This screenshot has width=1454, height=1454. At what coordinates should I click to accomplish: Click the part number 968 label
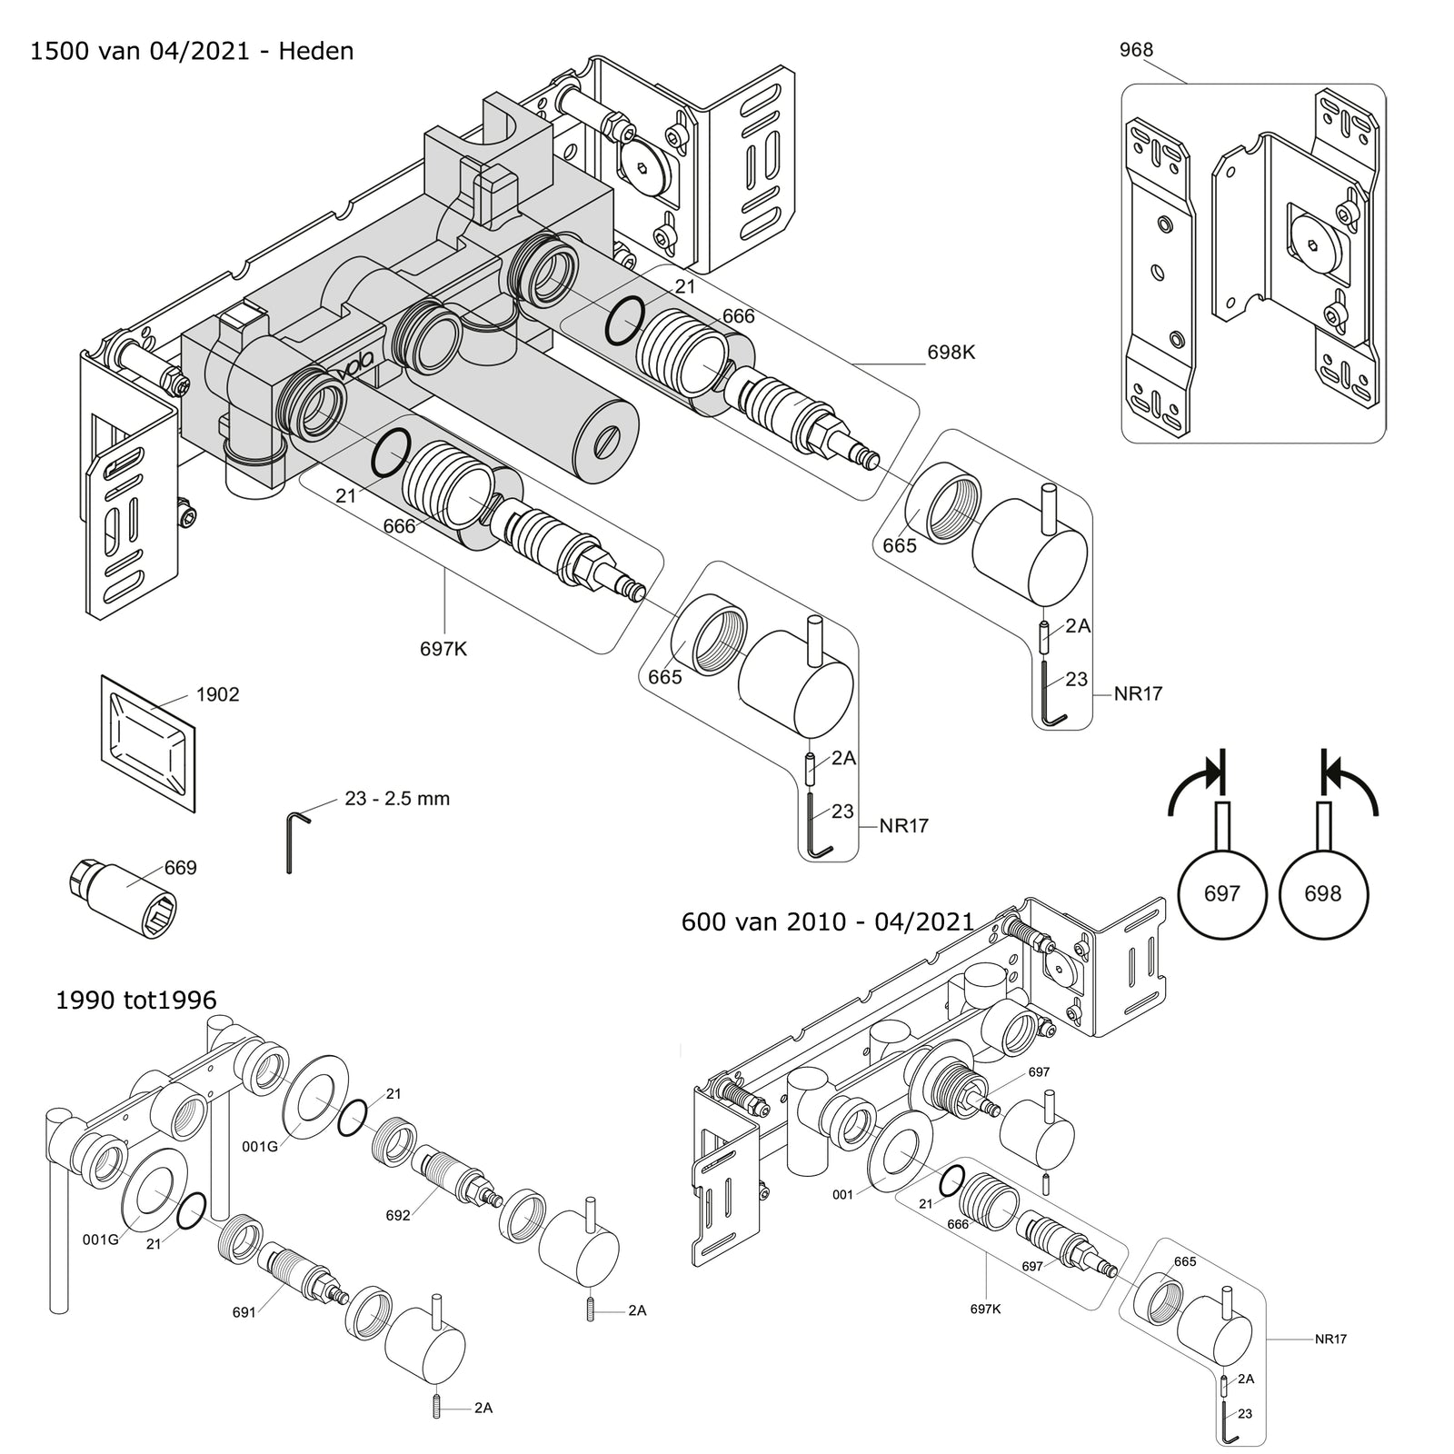[1136, 50]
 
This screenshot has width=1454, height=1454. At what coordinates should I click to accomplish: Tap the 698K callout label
[951, 352]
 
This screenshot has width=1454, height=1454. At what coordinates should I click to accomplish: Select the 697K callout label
[444, 649]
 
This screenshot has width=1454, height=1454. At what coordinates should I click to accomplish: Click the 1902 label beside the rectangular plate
[218, 694]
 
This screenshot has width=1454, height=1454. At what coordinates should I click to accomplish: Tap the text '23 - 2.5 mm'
[397, 799]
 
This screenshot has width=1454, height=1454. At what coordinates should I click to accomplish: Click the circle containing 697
[1221, 894]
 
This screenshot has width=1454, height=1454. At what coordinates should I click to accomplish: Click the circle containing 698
[1322, 894]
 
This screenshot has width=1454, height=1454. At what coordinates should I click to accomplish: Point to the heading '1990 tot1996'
[136, 1001]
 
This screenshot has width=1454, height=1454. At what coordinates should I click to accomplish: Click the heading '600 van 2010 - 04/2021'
[828, 921]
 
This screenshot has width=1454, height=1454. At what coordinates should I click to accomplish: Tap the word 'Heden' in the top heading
[316, 51]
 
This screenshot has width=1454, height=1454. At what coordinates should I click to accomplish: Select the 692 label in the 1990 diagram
[398, 1215]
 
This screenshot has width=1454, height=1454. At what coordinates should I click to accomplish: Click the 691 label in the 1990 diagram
[244, 1311]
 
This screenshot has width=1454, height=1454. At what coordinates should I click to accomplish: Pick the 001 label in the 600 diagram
[843, 1194]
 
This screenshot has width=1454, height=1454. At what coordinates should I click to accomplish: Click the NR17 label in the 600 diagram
[1330, 1339]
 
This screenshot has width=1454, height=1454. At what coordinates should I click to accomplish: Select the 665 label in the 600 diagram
[1185, 1261]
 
